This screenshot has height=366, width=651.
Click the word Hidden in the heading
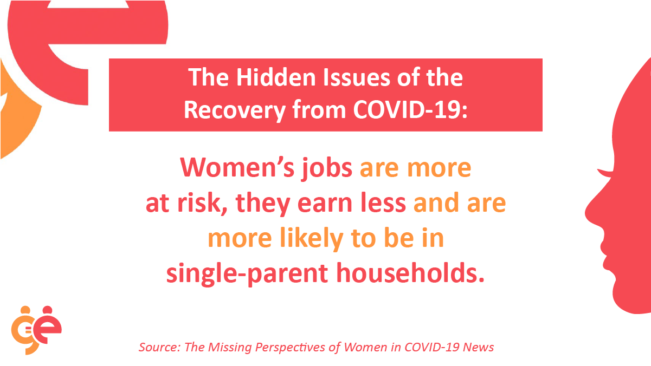276,77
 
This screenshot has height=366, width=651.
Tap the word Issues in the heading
357,77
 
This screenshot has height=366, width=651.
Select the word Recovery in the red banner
235,110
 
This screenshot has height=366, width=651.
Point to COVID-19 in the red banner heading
410,110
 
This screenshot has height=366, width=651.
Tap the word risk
202,203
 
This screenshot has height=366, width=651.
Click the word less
383,203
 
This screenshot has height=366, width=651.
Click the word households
410,273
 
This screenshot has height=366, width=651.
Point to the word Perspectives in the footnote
291,348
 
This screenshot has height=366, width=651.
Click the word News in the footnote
478,347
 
